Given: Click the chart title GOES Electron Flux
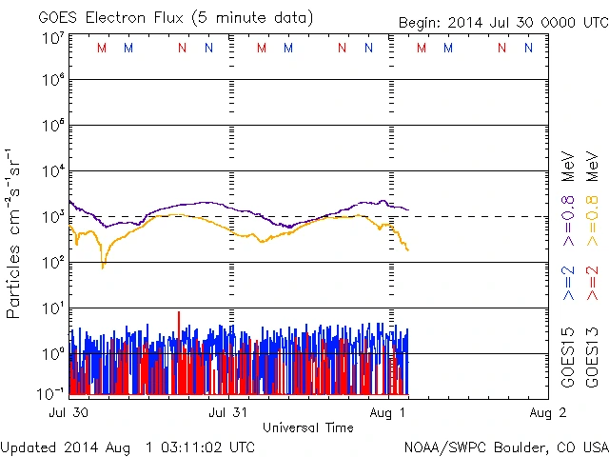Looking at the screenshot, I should click(175, 18).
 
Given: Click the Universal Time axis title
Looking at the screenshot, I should click(308, 427).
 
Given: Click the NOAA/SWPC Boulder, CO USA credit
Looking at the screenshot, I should click(505, 447).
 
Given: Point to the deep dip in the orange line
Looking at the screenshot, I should click(103, 266).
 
